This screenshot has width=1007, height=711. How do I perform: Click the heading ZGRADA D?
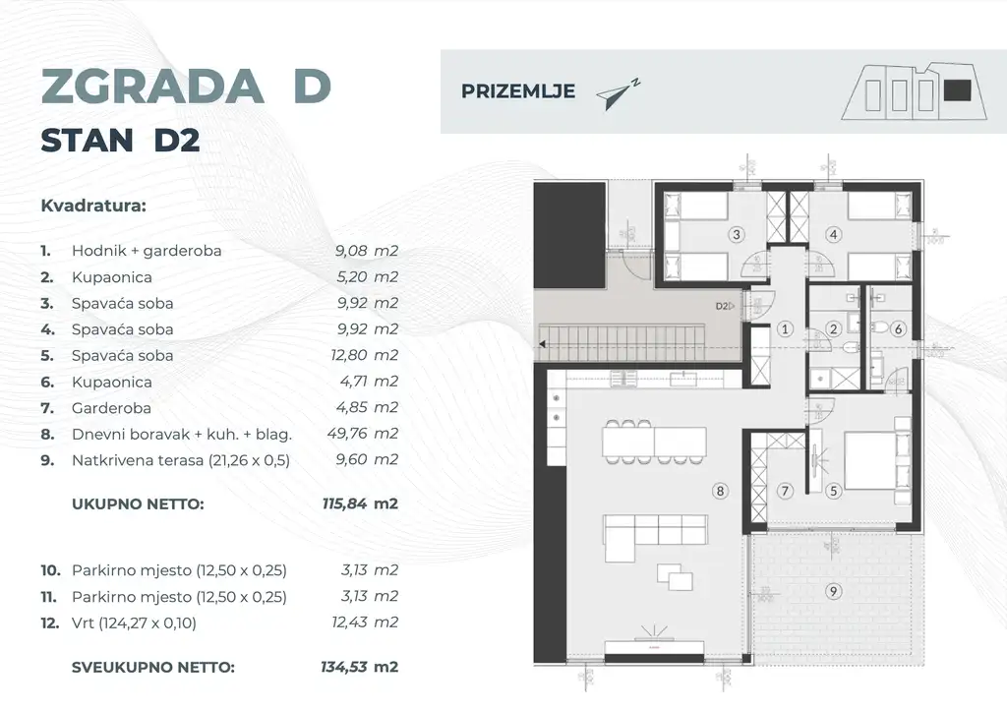(186, 87)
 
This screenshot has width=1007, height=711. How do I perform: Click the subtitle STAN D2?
(120, 141)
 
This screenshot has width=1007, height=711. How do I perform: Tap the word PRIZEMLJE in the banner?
(504, 92)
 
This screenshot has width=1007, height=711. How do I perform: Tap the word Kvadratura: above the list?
(93, 207)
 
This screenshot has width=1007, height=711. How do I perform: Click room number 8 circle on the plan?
(721, 489)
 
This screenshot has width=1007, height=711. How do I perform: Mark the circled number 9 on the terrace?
(834, 591)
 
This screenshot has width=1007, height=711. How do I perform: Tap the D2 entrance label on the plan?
(723, 306)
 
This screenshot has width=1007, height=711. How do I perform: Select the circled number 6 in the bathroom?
(898, 329)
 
